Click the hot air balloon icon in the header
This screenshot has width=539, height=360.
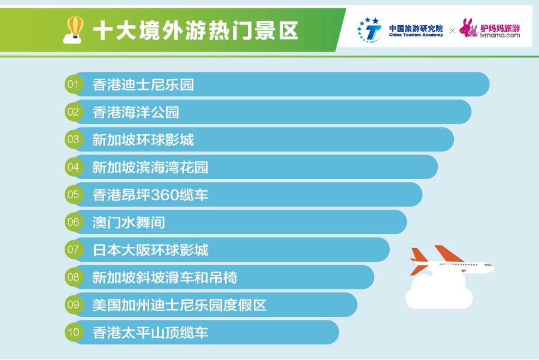pyautogui.click(x=73, y=31)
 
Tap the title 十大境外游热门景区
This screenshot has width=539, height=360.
pyautogui.click(x=195, y=31)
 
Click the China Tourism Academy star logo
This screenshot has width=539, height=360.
pyautogui.click(x=369, y=30)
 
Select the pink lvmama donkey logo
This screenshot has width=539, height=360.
pyautogui.click(x=469, y=28)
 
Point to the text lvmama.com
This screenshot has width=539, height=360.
pyautogui.click(x=500, y=35)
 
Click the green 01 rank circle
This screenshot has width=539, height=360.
pyautogui.click(x=74, y=84)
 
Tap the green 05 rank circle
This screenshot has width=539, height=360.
pyautogui.click(x=74, y=194)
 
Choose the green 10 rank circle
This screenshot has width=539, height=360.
pyautogui.click(x=74, y=332)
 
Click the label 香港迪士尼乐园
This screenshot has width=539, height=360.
pyautogui.click(x=143, y=84)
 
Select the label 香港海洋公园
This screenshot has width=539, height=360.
pyautogui.click(x=136, y=112)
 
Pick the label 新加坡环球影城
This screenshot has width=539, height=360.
pyautogui.click(x=143, y=140)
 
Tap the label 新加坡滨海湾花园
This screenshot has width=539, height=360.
pyautogui.click(x=150, y=167)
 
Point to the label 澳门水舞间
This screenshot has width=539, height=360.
pyautogui.click(x=129, y=222)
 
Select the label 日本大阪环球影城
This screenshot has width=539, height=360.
pyautogui.click(x=150, y=250)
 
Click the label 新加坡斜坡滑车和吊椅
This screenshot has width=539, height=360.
pyautogui.click(x=165, y=277)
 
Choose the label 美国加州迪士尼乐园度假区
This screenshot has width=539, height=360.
pyautogui.click(x=179, y=305)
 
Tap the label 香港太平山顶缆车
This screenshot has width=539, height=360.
pyautogui.click(x=150, y=332)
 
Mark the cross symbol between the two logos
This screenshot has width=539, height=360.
pyautogui.click(x=452, y=31)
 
